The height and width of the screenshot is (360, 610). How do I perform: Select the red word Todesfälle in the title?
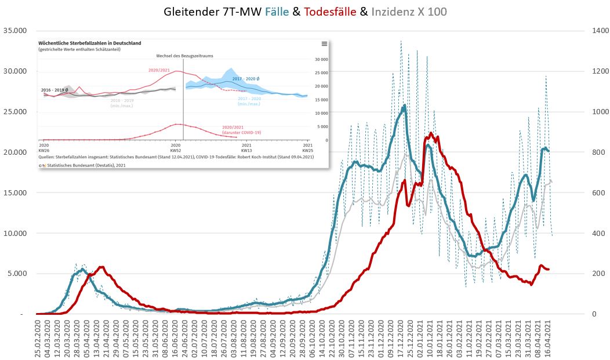coord(329,11)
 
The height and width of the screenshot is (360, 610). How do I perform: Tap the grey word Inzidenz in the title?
coord(395,11)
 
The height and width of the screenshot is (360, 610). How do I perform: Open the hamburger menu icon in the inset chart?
coord(324,43)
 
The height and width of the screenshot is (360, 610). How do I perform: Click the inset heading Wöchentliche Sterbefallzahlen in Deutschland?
coord(90,43)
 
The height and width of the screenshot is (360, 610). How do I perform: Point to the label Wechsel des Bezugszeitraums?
coord(182,56)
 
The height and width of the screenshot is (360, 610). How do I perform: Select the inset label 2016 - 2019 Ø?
coord(54,90)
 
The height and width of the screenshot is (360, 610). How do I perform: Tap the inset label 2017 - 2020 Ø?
coord(245,78)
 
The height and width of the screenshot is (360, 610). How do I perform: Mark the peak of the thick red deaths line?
coord(430,134)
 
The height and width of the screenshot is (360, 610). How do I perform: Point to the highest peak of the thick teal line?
coord(404,106)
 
